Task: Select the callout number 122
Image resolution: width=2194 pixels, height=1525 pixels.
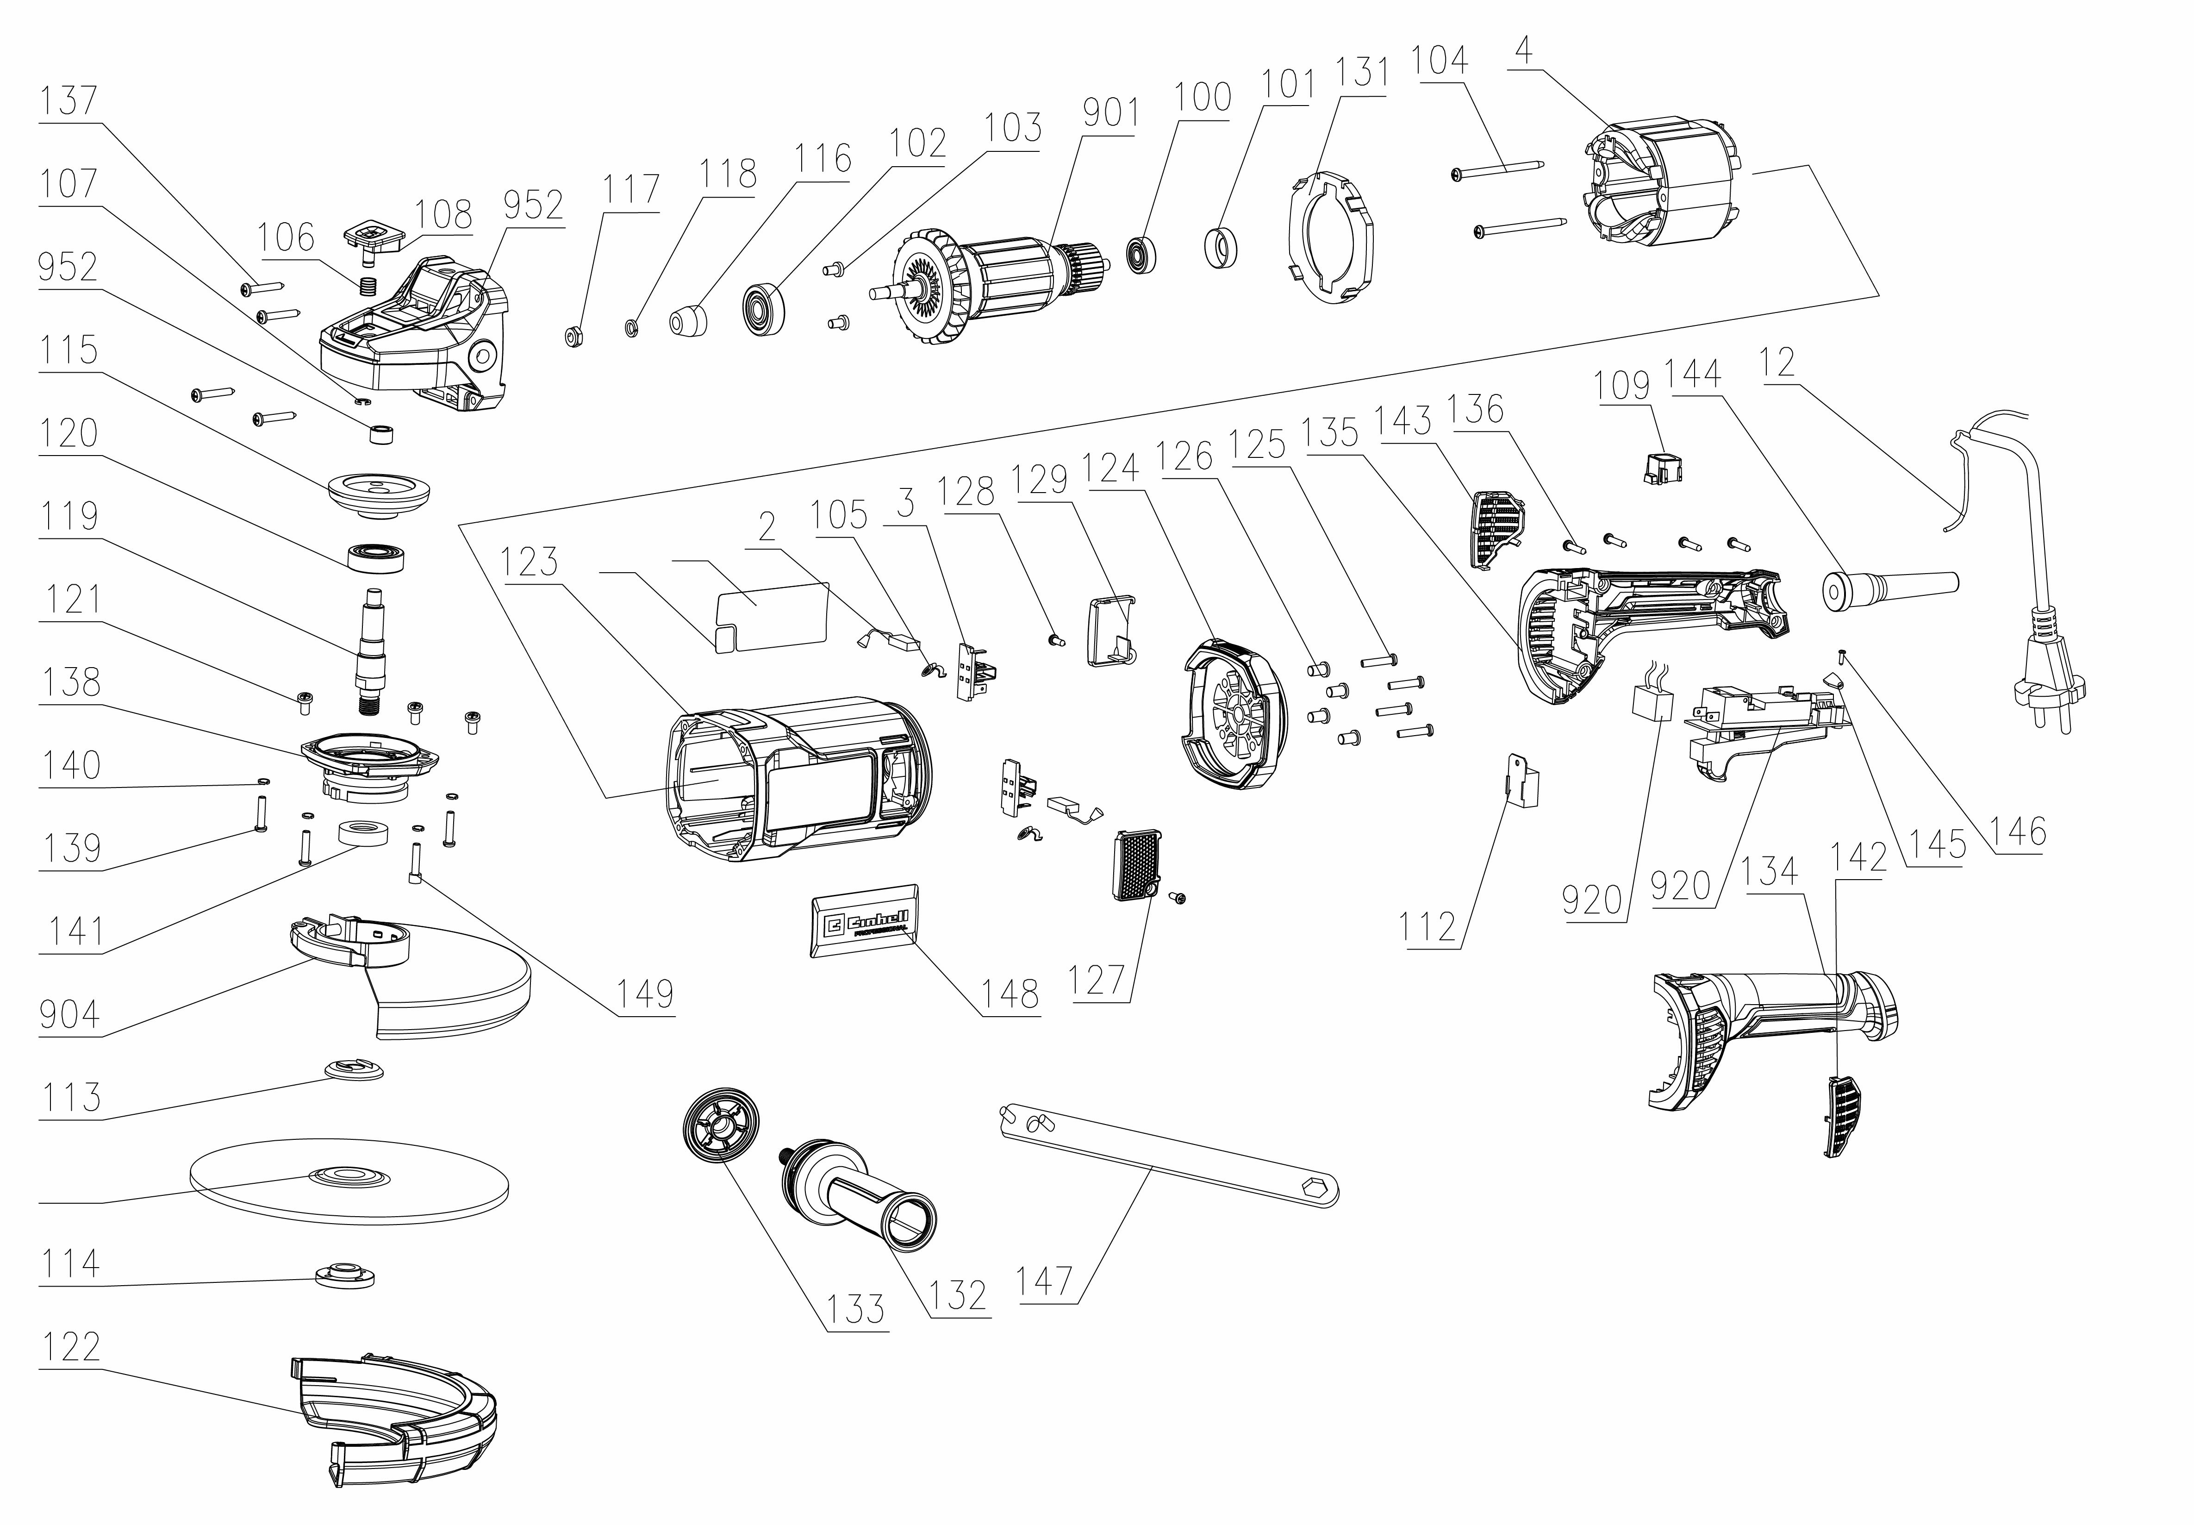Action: coord(71,1346)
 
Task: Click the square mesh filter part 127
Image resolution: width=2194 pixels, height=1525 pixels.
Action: coord(1137,865)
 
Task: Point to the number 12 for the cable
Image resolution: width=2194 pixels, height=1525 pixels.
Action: coord(1777,362)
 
